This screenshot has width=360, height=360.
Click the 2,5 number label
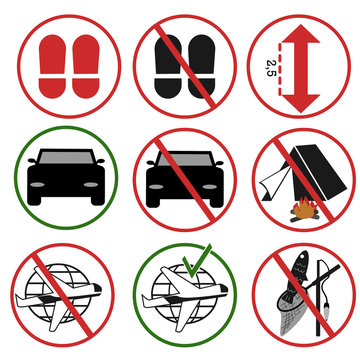tap(271, 68)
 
